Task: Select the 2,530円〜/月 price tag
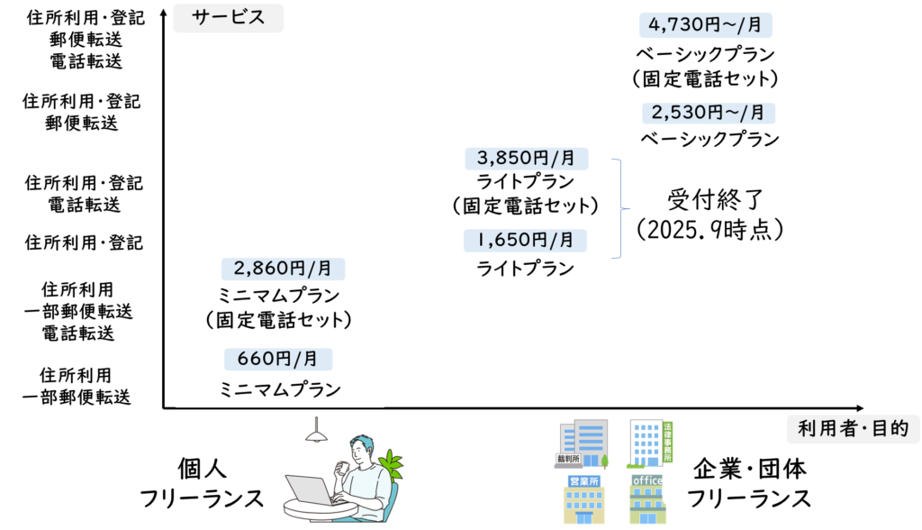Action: click(x=708, y=113)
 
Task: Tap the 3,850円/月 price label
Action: click(x=526, y=159)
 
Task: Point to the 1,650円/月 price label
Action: click(x=525, y=240)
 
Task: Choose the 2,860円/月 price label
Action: click(x=283, y=268)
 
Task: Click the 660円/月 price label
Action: click(x=277, y=359)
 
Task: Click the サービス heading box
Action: click(x=228, y=18)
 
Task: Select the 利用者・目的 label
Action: click(x=853, y=428)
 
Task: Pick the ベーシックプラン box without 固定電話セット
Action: click(x=710, y=140)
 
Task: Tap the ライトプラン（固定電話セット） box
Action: click(x=525, y=194)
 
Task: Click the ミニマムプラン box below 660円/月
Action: click(x=280, y=390)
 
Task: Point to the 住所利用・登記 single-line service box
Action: click(x=84, y=242)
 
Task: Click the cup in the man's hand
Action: click(x=343, y=468)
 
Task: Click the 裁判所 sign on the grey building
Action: click(x=567, y=459)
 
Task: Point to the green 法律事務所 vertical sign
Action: click(x=667, y=441)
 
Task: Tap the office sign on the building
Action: click(x=647, y=480)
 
